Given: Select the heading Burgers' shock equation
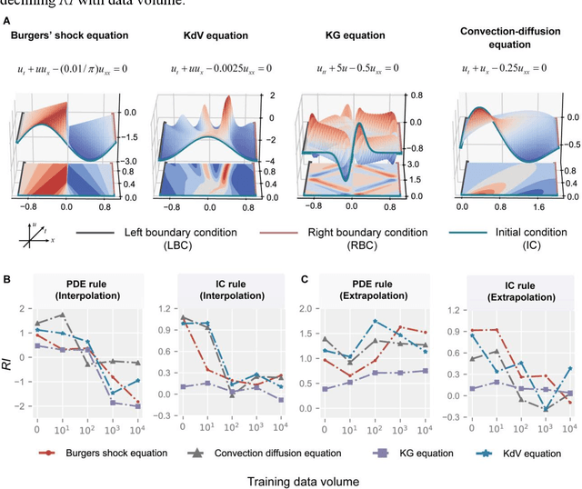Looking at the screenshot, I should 68,36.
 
